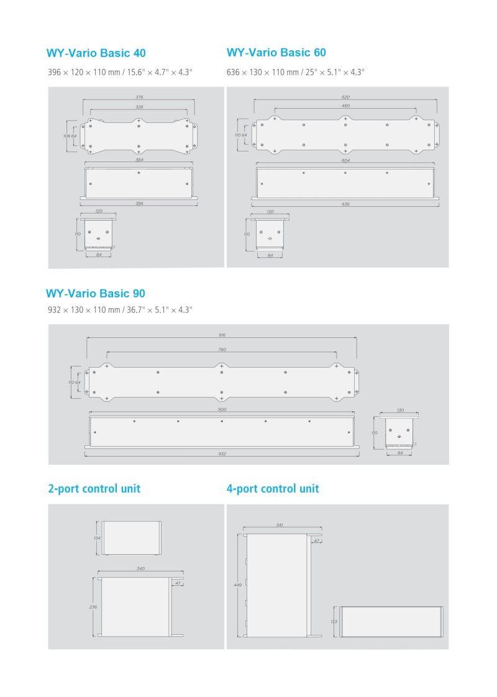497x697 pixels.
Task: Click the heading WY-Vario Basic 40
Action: pos(96,53)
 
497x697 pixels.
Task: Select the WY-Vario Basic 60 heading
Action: pos(276,52)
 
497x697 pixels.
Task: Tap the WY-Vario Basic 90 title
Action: pos(96,293)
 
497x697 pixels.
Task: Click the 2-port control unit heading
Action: pos(94,489)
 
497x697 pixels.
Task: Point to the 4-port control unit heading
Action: pos(273,489)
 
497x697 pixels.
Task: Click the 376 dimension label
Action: pos(139,97)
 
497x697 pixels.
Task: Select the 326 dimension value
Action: pos(139,107)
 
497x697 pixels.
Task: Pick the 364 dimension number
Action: pos(139,160)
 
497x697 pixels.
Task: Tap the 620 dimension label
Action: pos(345,97)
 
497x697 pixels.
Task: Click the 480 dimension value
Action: pos(345,106)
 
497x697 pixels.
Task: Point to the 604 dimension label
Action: pos(345,160)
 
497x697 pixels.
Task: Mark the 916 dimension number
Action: pos(222,335)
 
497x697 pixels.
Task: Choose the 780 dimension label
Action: pos(222,349)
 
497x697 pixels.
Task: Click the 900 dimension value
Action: pos(222,409)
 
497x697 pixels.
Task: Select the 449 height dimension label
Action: pos(238,585)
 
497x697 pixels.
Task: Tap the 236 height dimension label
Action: pos(93,607)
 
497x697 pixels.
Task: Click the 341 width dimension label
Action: pos(279,525)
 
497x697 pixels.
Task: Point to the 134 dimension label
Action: pos(97,538)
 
